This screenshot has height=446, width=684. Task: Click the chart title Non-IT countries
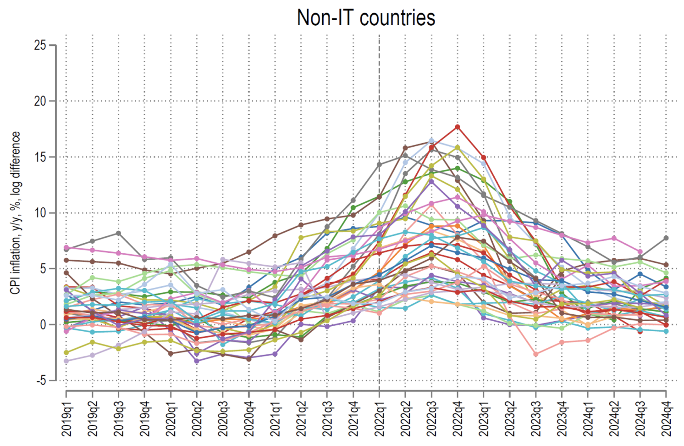[x=366, y=18]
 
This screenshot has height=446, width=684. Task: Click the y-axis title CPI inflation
[x=16, y=212]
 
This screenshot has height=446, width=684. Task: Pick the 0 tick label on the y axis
[x=43, y=324]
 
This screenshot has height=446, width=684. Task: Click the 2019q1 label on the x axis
[x=66, y=418]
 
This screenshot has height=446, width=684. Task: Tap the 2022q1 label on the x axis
[x=380, y=418]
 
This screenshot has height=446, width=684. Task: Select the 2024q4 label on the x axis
[x=666, y=418]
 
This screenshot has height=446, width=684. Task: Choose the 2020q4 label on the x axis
[x=249, y=418]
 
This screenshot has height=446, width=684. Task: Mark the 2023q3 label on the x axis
[x=535, y=418]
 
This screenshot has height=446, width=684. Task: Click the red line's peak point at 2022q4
[x=457, y=127]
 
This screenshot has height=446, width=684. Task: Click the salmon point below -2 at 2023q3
[x=535, y=354]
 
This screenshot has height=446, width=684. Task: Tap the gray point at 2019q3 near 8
[x=118, y=233]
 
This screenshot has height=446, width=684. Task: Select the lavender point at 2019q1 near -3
[x=66, y=361]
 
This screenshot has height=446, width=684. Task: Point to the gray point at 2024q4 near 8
[x=666, y=238]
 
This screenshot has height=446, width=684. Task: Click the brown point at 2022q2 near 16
[x=405, y=148]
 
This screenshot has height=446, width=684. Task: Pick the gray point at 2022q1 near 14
[x=379, y=164]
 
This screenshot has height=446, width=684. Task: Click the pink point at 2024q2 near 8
[x=614, y=238]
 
